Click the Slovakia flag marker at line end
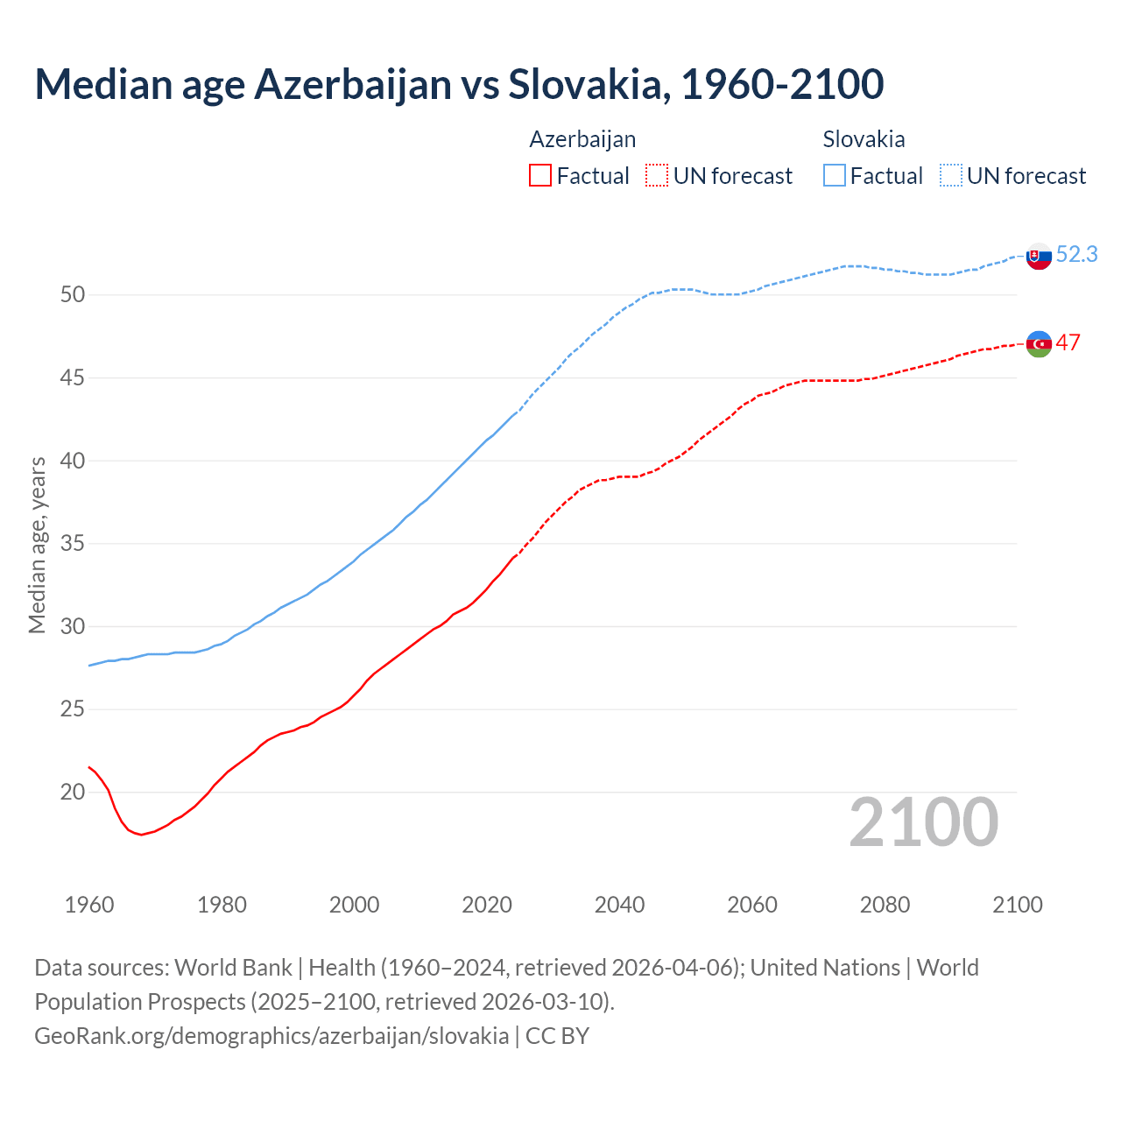[x=1039, y=257]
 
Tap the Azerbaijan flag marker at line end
[x=1039, y=343]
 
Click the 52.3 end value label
[x=1076, y=254]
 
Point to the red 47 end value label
[x=1068, y=342]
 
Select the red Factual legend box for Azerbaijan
[x=540, y=176]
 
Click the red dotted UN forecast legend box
[x=657, y=176]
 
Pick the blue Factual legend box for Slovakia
[x=835, y=176]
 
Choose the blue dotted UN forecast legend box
[x=951, y=176]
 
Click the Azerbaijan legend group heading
[x=582, y=139]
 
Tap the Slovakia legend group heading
[x=864, y=139]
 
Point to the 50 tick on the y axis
[x=73, y=294]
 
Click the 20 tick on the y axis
[x=73, y=792]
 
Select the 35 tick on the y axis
[x=73, y=543]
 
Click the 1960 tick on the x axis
[x=89, y=905]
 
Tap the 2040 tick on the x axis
[x=619, y=905]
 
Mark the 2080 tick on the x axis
[x=885, y=905]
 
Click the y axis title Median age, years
[x=37, y=545]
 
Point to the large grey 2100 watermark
[x=923, y=822]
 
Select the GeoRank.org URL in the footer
[x=271, y=1035]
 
